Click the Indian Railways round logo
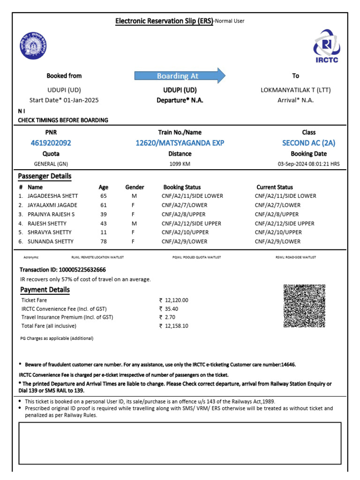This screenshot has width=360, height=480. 34,46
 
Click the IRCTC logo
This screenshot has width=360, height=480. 327,46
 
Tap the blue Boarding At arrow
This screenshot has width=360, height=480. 180,76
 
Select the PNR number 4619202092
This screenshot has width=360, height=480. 51,143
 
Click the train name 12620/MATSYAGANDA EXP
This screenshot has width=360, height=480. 180,143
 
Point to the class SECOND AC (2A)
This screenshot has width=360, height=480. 308,143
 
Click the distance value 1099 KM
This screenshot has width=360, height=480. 180,164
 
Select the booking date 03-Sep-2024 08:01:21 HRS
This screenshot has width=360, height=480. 308,164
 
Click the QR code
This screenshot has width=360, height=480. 304,306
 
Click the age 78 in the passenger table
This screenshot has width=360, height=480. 104,241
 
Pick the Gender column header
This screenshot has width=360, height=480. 135,187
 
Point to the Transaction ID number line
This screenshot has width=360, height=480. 62,270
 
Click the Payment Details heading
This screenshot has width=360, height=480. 45,290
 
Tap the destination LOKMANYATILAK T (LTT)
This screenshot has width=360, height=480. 295,90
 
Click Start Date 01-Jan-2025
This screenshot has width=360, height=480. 64,100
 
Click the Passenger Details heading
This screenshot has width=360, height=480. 45,176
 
